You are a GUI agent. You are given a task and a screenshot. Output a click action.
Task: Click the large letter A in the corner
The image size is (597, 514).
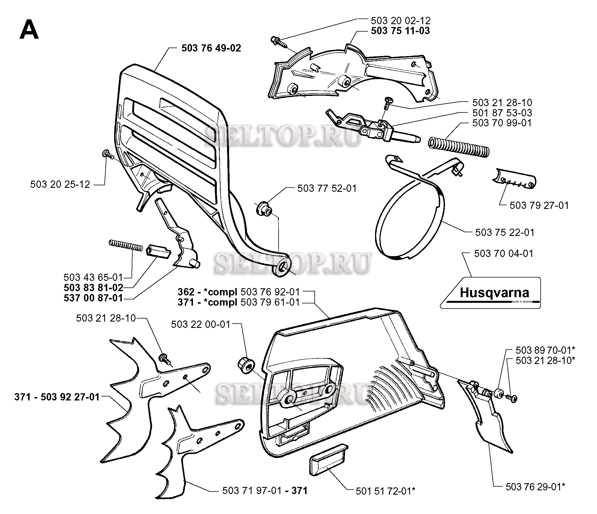[x=29, y=30]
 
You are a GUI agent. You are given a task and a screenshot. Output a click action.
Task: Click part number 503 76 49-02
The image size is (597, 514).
[x=211, y=48]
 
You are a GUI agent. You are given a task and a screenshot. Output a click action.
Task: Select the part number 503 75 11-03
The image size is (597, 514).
[x=400, y=30]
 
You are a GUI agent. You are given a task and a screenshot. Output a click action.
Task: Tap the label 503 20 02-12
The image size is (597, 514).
[x=400, y=20]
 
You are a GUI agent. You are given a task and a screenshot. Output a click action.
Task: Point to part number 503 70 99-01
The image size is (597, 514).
[x=502, y=123]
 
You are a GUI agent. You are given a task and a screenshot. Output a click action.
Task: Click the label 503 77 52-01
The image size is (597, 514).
[x=327, y=188]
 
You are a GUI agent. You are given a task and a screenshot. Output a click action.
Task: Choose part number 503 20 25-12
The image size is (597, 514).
[x=60, y=184]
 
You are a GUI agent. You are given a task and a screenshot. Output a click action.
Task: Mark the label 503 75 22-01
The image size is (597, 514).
[x=505, y=232]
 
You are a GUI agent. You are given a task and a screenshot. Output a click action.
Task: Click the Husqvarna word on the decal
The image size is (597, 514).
[x=495, y=293]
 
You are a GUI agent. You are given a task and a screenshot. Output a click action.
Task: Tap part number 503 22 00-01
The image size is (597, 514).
[x=201, y=324]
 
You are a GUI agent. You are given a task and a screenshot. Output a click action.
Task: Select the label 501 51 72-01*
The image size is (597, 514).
[x=386, y=491]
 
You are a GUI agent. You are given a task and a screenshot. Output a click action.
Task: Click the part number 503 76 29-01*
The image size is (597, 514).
[x=535, y=487]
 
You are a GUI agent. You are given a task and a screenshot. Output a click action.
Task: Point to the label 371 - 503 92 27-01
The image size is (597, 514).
[x=57, y=397]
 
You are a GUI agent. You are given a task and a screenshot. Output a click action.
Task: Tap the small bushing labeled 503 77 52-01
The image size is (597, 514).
[x=264, y=209]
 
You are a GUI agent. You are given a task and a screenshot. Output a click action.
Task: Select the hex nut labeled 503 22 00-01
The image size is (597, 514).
[x=246, y=365]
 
